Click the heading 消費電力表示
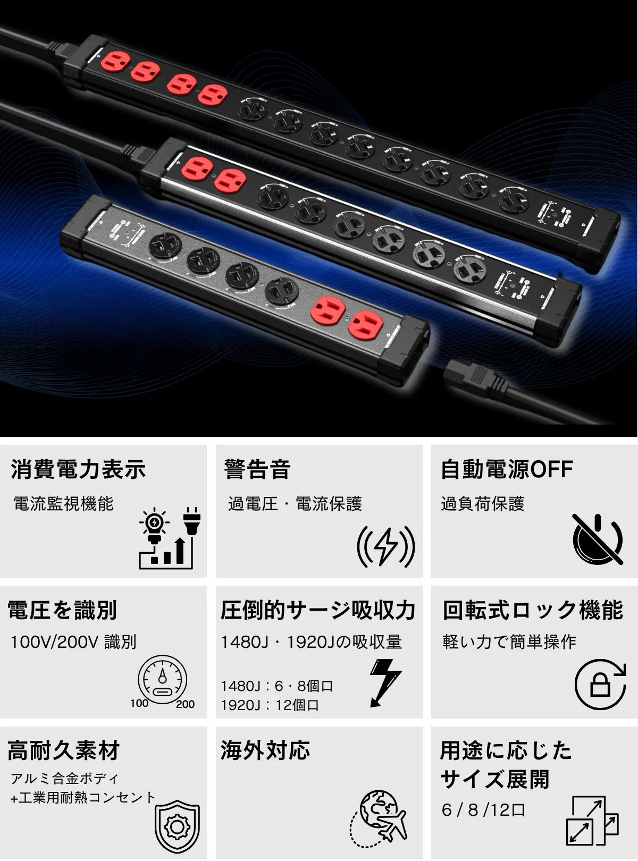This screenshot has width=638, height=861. click(78, 469)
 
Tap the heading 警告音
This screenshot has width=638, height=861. click(257, 469)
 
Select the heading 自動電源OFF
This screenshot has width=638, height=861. click(507, 469)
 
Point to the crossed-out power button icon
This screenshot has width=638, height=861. click(598, 539)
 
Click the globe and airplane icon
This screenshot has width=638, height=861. click(378, 819)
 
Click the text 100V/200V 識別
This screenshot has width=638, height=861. click(73, 642)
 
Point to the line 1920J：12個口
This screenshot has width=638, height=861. click(270, 705)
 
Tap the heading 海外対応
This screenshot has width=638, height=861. click(265, 750)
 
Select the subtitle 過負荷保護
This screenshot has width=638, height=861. click(483, 504)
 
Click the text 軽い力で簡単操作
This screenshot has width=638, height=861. click(509, 642)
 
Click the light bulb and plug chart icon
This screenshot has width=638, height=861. click(170, 538)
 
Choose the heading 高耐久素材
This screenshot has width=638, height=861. click(64, 750)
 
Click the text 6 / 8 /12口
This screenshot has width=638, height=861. click(483, 810)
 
